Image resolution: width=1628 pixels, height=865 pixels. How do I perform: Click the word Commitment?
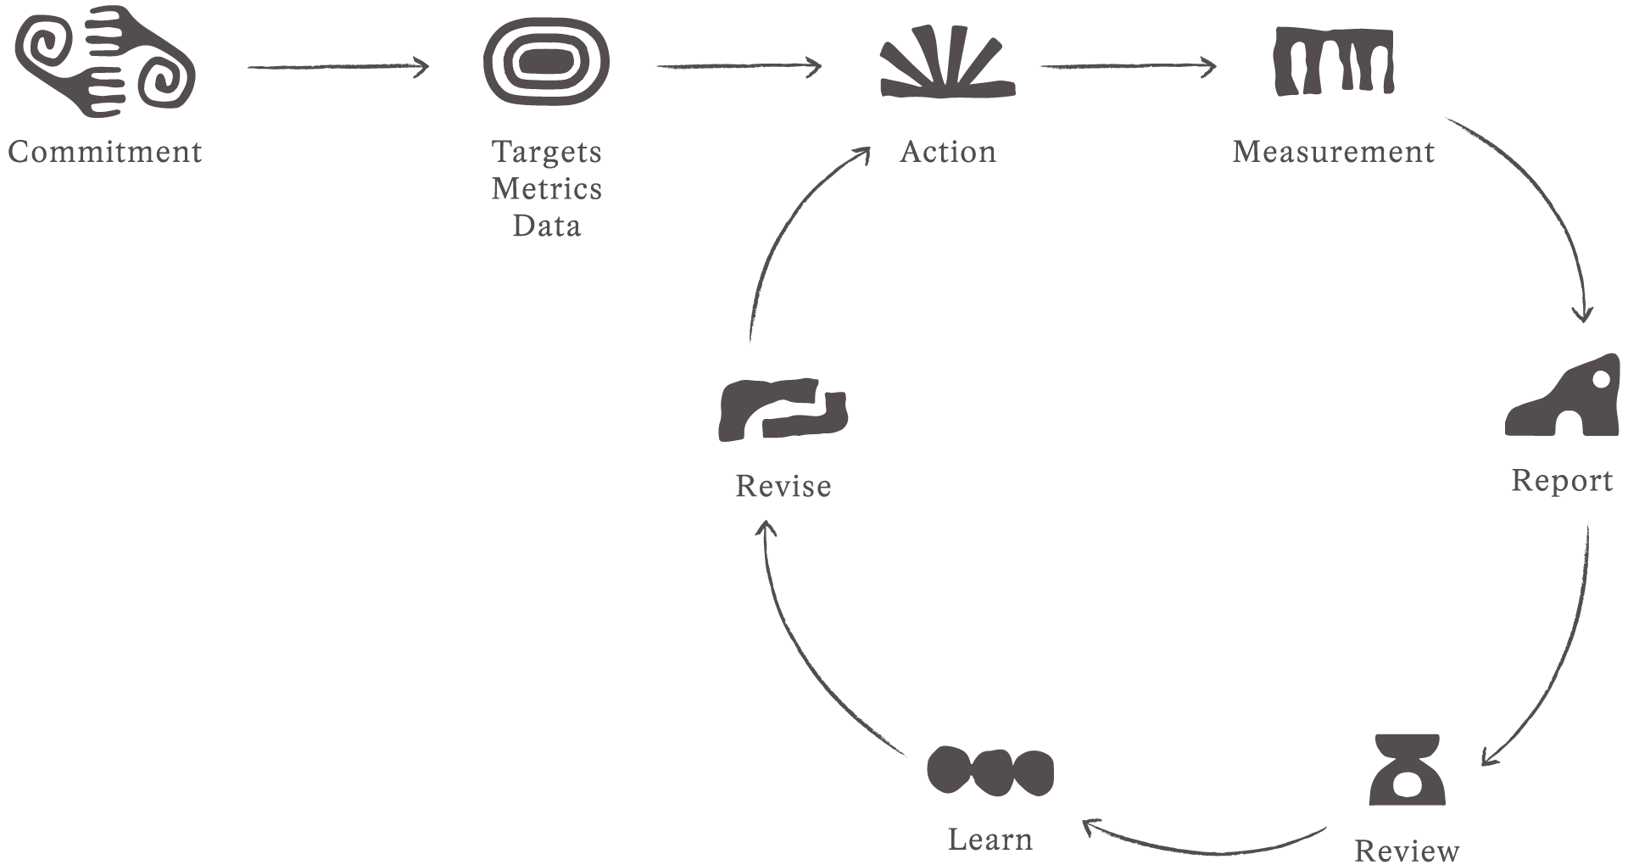pos(105,152)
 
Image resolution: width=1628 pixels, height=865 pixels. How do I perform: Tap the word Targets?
pos(546,152)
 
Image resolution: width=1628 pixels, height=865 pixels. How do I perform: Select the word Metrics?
pos(546,188)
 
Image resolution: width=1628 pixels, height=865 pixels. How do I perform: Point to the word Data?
pos(546,226)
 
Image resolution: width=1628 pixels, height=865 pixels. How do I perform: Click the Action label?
pos(948,152)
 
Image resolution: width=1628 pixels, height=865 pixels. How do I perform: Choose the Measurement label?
pos(1333,152)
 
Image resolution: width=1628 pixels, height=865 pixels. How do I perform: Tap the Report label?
pos(1562,481)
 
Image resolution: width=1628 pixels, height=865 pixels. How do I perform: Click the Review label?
pos(1407,850)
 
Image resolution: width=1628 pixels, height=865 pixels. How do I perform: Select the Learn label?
pos(990,840)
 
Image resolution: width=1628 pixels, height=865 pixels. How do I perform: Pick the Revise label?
pos(783,486)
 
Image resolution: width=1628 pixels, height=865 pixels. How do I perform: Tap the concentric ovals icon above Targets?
pos(546,62)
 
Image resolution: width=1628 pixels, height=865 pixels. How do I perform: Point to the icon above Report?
pos(1562,396)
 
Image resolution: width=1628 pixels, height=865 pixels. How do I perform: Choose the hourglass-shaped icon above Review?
pos(1407,770)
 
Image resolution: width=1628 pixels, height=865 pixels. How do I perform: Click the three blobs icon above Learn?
pos(990,772)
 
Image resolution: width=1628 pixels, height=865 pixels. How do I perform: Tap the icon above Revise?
pos(783,410)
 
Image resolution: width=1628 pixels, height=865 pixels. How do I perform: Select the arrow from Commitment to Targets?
pos(338,67)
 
